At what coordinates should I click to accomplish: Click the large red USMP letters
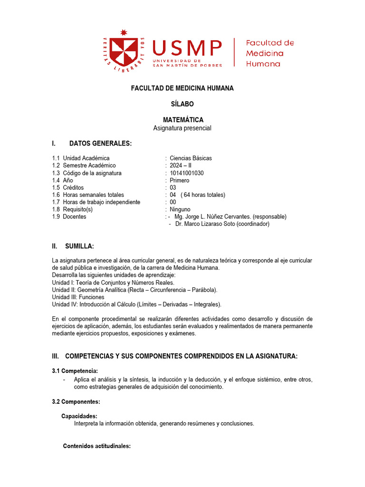(x=186, y=48)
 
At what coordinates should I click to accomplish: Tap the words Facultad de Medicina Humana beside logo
(x=269, y=53)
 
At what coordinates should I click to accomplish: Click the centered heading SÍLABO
(x=182, y=104)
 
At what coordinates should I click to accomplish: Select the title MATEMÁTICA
(x=182, y=120)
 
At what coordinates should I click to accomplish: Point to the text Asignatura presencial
(x=182, y=128)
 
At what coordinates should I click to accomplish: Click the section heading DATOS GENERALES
(x=100, y=144)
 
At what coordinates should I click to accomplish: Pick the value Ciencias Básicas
(x=191, y=158)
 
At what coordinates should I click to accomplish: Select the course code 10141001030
(x=187, y=173)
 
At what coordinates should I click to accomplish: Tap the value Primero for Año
(x=179, y=180)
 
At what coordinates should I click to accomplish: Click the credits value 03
(x=173, y=187)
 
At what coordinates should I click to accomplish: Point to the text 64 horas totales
(x=203, y=195)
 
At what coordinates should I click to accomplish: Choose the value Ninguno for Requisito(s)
(x=180, y=209)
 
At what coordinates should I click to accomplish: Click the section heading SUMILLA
(x=79, y=246)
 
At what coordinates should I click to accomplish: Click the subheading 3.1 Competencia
(x=75, y=370)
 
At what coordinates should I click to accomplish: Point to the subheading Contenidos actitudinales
(x=96, y=446)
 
